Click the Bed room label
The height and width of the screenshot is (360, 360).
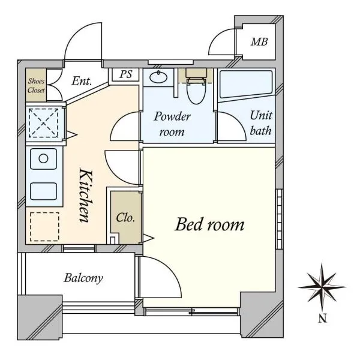coord(209,224)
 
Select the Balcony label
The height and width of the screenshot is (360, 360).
coord(83,278)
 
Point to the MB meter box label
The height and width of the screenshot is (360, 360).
coord(259,42)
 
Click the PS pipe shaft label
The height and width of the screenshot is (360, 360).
coord(126,74)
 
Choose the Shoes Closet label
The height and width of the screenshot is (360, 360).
coord(36,85)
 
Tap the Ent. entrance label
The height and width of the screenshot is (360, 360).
coord(82,81)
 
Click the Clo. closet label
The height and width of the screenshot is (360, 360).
coord(125,218)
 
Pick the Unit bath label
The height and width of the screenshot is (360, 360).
coord(261,123)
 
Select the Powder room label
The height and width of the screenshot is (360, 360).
coord(172,124)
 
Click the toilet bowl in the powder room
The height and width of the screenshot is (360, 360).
coord(196,90)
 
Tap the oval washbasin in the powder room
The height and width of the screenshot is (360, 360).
coord(158,77)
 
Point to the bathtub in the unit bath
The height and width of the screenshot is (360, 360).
coord(246,83)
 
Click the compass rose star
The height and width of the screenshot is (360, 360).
coord(322,287)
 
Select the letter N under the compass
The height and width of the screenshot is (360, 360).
coord(323,319)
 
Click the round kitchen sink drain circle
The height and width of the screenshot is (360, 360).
coord(43,158)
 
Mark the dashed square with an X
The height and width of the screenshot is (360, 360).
coord(43,123)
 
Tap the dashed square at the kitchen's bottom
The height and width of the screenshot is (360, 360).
coord(44,227)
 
